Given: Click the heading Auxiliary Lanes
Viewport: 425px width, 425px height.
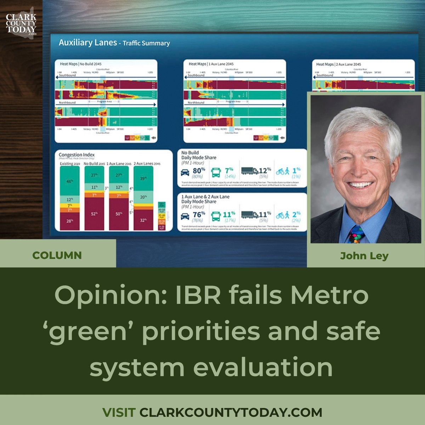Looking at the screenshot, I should click(87, 43).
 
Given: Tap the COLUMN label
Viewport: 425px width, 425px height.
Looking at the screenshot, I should click(57, 255).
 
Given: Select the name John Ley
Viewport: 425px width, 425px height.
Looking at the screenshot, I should click(364, 256).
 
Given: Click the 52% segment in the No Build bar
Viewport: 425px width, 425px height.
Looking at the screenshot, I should click(94, 214).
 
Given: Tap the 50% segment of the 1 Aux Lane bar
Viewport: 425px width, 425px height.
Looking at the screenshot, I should click(119, 214).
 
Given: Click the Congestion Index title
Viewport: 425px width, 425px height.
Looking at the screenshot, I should click(76, 155).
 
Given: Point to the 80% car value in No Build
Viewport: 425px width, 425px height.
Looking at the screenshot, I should click(199, 171).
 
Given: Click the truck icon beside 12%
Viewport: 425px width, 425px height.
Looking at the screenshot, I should click(250, 171).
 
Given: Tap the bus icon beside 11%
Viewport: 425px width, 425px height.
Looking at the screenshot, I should click(216, 215).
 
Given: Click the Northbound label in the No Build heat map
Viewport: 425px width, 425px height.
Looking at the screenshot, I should click(67, 102).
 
